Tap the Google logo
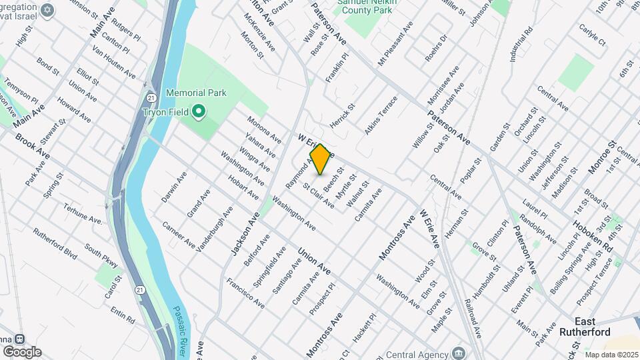click(x=22, y=352)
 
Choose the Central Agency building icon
click(x=458, y=352)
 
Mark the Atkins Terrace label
click(x=381, y=115)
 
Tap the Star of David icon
click(x=46, y=10)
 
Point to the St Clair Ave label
click(x=319, y=195)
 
